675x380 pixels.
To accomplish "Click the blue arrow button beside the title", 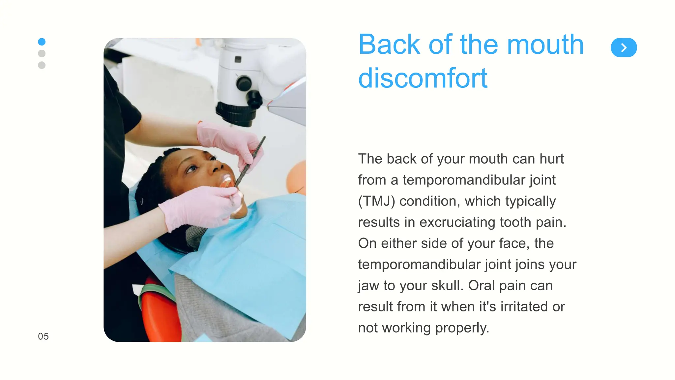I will (x=624, y=47).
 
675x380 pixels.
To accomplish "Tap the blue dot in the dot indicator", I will (x=42, y=42).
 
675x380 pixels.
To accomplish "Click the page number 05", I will (x=43, y=336).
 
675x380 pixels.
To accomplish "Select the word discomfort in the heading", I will (x=423, y=78).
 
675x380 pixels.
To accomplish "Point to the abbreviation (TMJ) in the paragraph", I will (x=376, y=201).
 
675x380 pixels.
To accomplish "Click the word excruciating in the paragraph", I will (x=457, y=222).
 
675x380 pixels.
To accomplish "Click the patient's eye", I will (x=191, y=169).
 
